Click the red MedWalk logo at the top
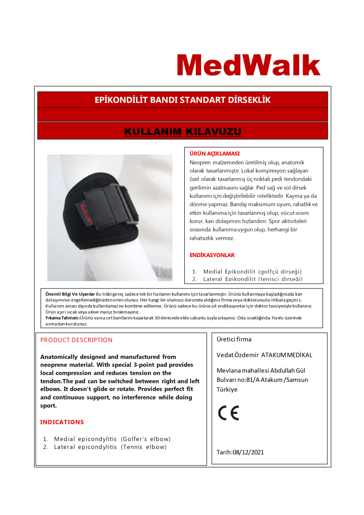tap(249, 65)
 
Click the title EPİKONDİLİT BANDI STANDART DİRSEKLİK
tap(183, 100)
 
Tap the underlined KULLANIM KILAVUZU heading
tap(183, 131)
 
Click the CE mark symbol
tap(229, 413)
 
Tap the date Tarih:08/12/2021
tap(240, 452)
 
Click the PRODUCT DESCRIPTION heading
tap(76, 340)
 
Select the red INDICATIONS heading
tap(62, 422)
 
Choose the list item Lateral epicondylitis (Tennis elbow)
tap(110, 447)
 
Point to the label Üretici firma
tap(234, 339)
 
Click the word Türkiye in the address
tap(227, 390)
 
